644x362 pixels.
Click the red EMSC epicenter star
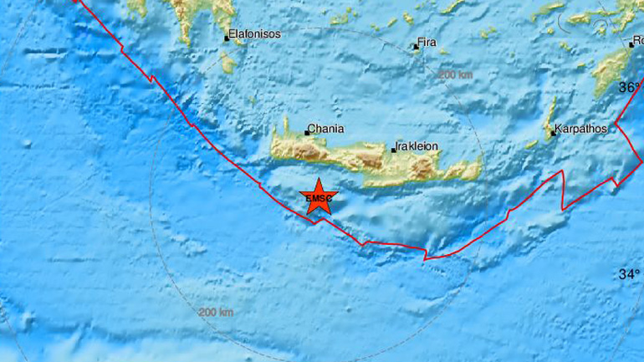(317, 197)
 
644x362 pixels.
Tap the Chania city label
(326, 130)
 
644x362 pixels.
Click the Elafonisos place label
(255, 35)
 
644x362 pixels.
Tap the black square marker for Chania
(307, 132)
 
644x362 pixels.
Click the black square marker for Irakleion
(394, 150)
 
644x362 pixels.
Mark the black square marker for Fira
(416, 47)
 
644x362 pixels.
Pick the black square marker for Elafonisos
(227, 38)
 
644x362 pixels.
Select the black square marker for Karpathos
(553, 133)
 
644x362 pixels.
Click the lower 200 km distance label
(216, 313)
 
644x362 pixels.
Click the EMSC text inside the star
(317, 199)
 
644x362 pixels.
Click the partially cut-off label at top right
(637, 42)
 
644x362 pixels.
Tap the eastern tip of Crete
(478, 167)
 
